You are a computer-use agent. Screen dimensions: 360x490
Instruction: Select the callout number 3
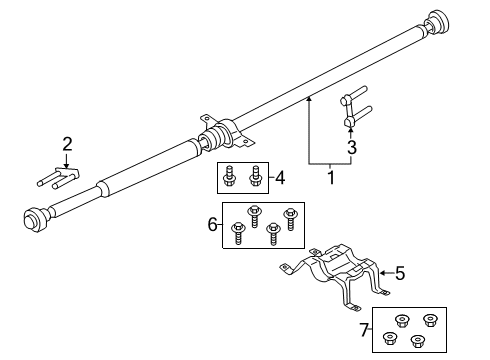click(x=350, y=148)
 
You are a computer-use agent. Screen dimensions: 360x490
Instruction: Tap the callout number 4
click(x=282, y=179)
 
